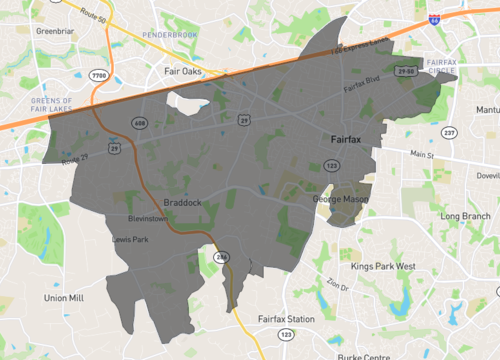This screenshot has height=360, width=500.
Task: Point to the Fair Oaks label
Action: [184, 72]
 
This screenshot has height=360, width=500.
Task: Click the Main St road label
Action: [425, 154]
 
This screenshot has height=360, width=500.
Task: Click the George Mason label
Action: [341, 200]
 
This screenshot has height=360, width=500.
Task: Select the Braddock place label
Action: [183, 202]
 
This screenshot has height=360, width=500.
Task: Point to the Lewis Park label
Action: [130, 240]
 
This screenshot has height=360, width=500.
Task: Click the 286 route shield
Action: [222, 258]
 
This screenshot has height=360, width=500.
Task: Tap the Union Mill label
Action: [64, 298]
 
